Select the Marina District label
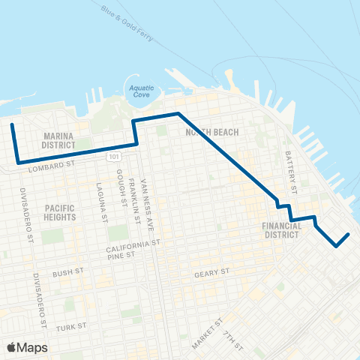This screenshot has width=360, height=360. click(58, 140)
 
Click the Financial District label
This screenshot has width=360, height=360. click(282, 229)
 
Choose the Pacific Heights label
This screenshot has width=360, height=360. click(60, 212)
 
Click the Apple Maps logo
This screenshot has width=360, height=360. click(27, 347)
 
